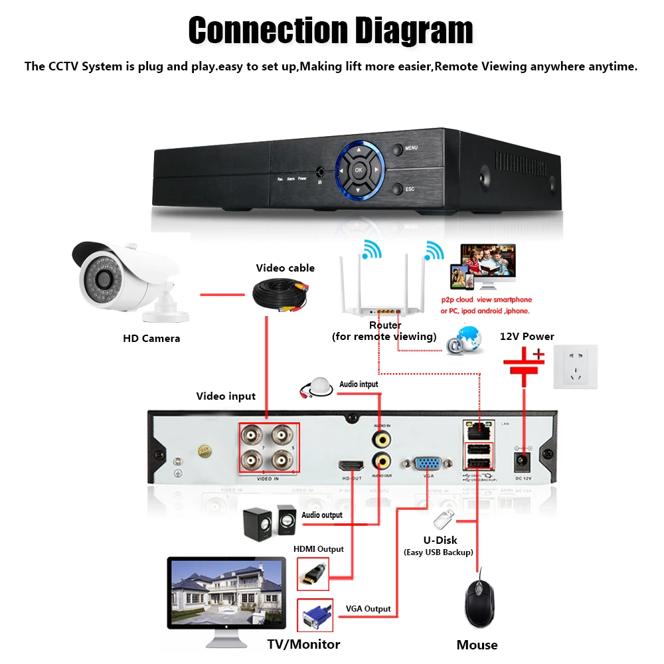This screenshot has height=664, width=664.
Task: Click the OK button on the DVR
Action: point(359,170)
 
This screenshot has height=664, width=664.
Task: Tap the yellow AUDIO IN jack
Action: point(381,439)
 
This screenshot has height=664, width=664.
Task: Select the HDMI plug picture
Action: point(312,572)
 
